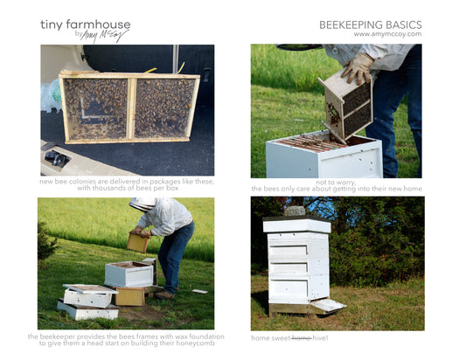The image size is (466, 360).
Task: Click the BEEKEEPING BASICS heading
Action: [x=371, y=24]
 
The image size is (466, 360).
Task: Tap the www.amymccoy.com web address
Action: [x=387, y=34]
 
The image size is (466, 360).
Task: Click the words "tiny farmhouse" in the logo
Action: [x=86, y=24]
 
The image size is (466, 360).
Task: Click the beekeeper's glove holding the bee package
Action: [x=358, y=68]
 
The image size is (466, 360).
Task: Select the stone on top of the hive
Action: [x=295, y=211]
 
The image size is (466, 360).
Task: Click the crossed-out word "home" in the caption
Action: [x=302, y=338]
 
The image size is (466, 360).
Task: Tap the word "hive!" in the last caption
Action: [x=320, y=338]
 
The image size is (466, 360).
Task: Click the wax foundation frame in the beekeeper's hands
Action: [x=138, y=242]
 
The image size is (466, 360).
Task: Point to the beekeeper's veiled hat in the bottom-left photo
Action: [x=143, y=204]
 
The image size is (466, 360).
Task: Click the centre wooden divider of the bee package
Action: [x=131, y=108]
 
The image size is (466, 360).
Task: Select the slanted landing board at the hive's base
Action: [x=327, y=305]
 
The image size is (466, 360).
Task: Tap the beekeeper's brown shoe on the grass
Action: [x=164, y=295]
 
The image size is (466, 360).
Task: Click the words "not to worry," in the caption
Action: [x=336, y=182]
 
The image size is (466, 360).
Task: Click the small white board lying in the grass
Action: [x=199, y=291]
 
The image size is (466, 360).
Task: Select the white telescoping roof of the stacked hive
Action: [x=297, y=225]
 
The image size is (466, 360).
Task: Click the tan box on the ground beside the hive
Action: [x=130, y=296]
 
